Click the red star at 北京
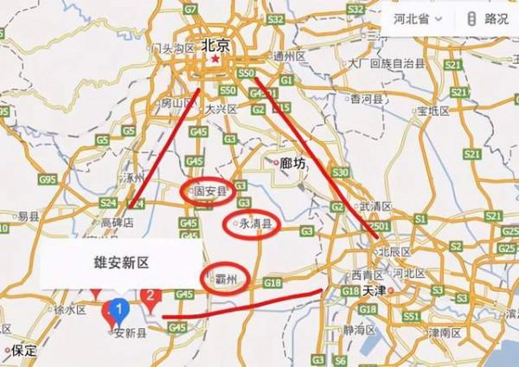point(210,62)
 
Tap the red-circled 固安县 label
point(208,191)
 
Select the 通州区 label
point(289,55)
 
